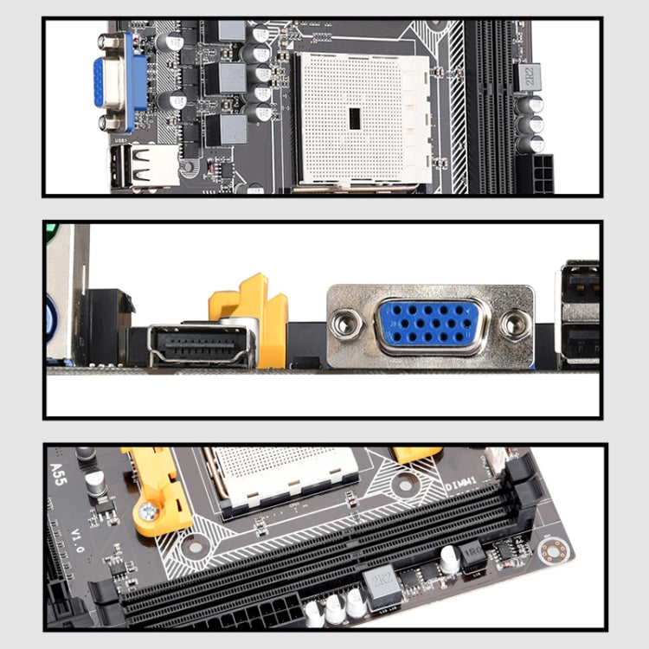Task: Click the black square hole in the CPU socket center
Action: [x=354, y=119]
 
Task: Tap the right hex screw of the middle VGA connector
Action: [x=513, y=324]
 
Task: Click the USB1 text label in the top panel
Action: [x=120, y=139]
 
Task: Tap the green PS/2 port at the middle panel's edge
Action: [x=49, y=231]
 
